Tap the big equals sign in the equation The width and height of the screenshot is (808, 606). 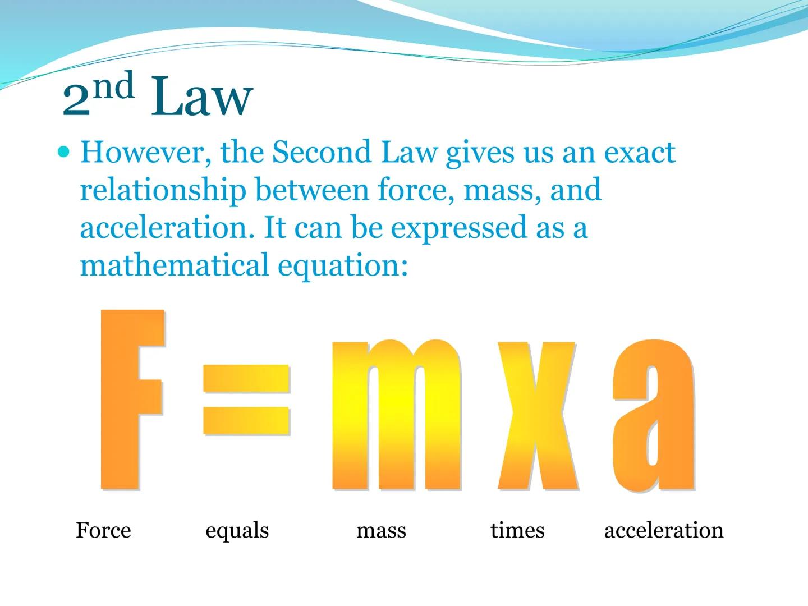click(246, 400)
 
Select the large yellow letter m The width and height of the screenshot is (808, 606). click(396, 415)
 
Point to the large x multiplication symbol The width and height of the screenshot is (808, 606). click(537, 415)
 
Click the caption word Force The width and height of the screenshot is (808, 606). click(103, 530)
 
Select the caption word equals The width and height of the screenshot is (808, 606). click(237, 531)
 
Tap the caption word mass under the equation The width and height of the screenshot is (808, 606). click(381, 530)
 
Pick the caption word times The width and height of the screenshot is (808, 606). click(517, 530)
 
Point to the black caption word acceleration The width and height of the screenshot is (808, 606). click(664, 530)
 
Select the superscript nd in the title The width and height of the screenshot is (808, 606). click(113, 86)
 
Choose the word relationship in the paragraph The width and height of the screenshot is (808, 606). click(163, 190)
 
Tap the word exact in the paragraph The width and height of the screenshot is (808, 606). click(639, 152)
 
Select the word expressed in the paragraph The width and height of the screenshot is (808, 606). click(458, 228)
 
